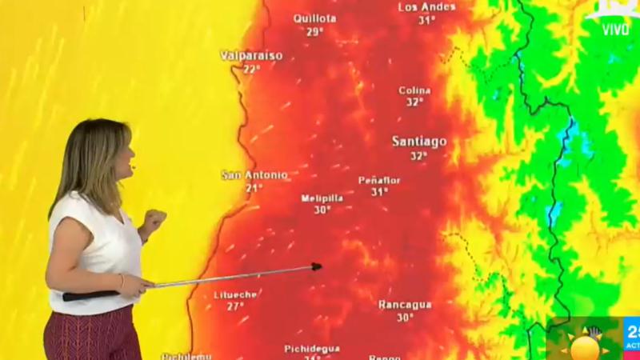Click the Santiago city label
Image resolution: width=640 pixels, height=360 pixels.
pyautogui.click(x=419, y=141)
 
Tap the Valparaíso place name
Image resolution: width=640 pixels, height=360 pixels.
pyautogui.click(x=251, y=55)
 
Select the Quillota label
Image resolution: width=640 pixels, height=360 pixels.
pyautogui.click(x=314, y=18)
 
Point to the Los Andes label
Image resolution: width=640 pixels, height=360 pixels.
pyautogui.click(x=426, y=7)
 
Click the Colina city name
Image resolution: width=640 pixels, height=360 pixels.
pyautogui.click(x=414, y=90)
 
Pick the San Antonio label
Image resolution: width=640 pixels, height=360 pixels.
pyautogui.click(x=254, y=174)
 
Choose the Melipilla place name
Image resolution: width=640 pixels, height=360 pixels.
pyautogui.click(x=322, y=198)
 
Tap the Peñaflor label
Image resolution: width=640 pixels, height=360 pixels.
pyautogui.click(x=379, y=180)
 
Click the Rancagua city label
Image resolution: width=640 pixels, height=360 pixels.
pyautogui.click(x=405, y=304)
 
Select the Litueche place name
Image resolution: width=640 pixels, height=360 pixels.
pyautogui.click(x=235, y=294)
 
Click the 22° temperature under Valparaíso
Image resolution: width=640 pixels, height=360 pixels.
pyautogui.click(x=251, y=69)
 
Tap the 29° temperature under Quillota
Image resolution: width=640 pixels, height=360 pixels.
pyautogui.click(x=314, y=32)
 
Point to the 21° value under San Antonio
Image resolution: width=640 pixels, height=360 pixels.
pyautogui.click(x=254, y=188)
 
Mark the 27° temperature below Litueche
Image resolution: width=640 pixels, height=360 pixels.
pyautogui.click(x=235, y=306)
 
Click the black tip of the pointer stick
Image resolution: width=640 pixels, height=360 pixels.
pyautogui.click(x=317, y=266)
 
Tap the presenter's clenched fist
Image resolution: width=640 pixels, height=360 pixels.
pyautogui.click(x=153, y=218)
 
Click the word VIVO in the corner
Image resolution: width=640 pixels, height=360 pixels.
pyautogui.click(x=615, y=30)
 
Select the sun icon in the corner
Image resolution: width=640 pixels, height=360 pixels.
pyautogui.click(x=585, y=346)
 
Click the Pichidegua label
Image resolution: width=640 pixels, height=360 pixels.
pyautogui.click(x=312, y=349)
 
